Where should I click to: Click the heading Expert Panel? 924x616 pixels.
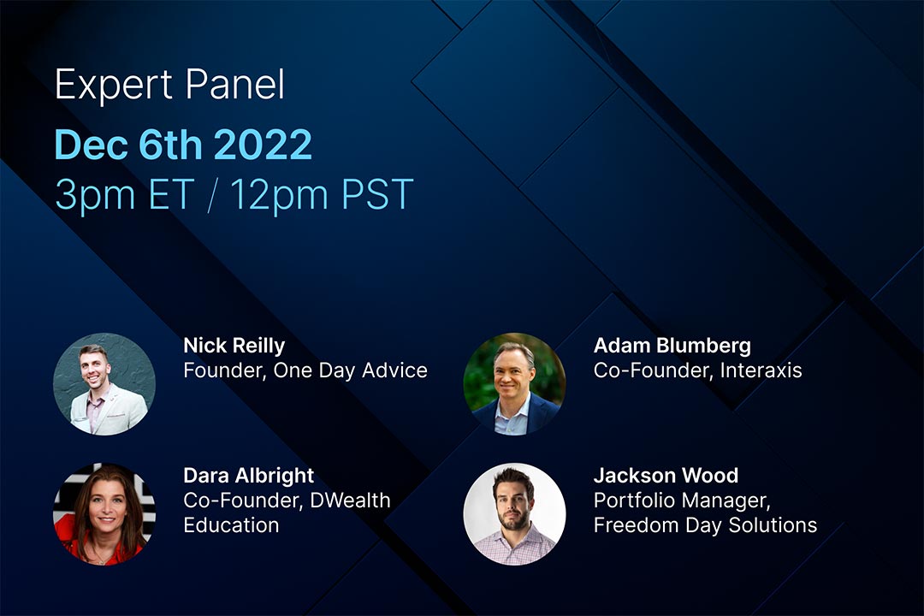point(169,86)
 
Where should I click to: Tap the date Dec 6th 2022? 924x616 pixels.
point(183,145)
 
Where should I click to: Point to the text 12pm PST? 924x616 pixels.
point(321,195)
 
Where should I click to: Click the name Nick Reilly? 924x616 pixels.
point(234,346)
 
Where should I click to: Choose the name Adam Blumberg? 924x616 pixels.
point(672,346)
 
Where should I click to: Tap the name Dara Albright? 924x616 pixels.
point(248,476)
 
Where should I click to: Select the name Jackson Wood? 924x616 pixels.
point(666,476)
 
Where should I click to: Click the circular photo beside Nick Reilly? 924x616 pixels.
point(104,384)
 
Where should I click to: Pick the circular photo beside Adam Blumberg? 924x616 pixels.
point(514,384)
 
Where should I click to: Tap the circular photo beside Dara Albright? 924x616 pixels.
point(104,513)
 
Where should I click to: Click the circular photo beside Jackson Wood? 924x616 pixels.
point(514,513)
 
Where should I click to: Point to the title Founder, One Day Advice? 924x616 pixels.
point(305,370)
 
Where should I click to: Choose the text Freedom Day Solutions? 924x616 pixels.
point(705,524)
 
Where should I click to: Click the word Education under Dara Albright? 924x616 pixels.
point(231,524)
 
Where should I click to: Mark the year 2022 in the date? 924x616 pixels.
point(263,145)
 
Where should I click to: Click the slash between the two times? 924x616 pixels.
point(212,195)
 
